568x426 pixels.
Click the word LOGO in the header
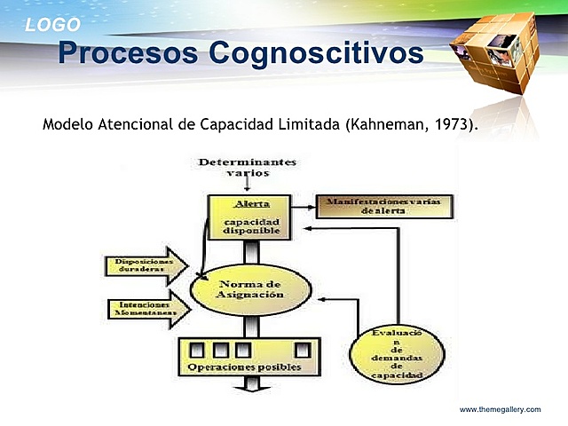52,25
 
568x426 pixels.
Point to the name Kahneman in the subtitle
383,123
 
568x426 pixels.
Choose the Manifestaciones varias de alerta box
384,207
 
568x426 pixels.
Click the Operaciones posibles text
243,367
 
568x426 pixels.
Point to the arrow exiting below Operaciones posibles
251,383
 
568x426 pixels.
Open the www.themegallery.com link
500,409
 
